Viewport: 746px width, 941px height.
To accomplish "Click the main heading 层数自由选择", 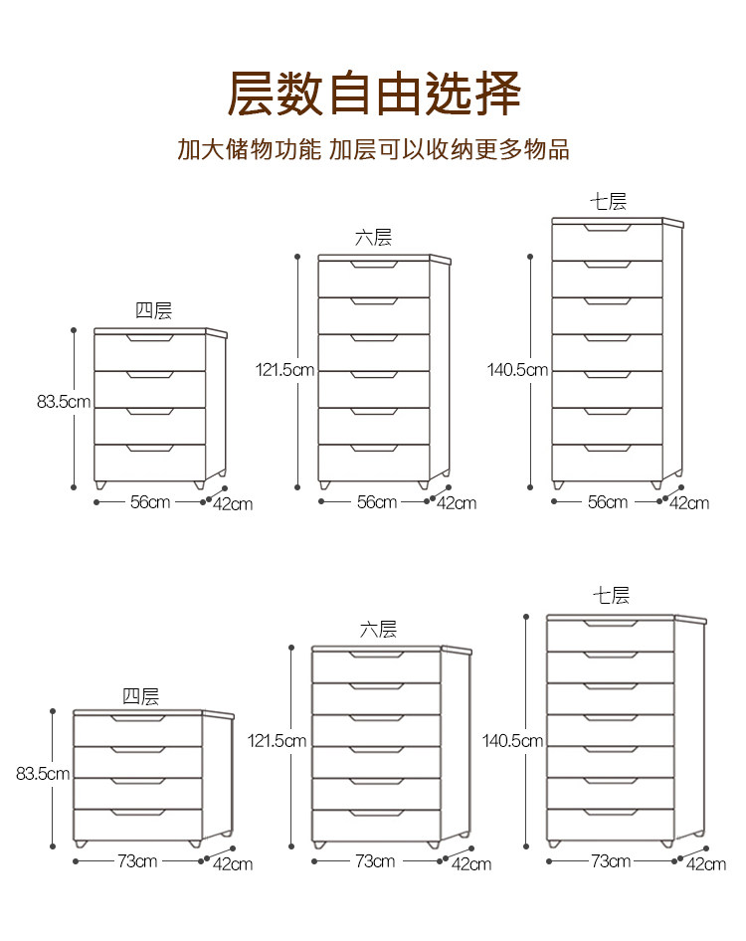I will pyautogui.click(x=374, y=94).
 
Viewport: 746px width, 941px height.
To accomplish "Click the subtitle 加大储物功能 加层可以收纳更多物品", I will pyautogui.click(x=373, y=150).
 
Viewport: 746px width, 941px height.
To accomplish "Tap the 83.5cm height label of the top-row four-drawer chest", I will pyautogui.click(x=64, y=402).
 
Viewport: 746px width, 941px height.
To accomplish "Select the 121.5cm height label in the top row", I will pyautogui.click(x=284, y=370).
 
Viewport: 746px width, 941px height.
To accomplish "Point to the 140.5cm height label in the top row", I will pyautogui.click(x=517, y=370).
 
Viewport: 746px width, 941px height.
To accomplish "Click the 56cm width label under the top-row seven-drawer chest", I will pyautogui.click(x=607, y=502).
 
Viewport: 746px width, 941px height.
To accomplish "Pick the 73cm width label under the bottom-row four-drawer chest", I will pyautogui.click(x=137, y=860).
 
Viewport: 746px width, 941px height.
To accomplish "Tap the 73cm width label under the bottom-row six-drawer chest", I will pyautogui.click(x=375, y=860).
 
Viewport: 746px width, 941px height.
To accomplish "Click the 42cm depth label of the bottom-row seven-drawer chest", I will pyautogui.click(x=706, y=863).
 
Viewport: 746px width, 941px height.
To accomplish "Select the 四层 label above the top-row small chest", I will pyautogui.click(x=153, y=311).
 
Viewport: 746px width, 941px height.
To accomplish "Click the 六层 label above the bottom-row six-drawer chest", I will pyautogui.click(x=378, y=630).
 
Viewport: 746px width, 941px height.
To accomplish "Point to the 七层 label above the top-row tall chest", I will pyautogui.click(x=608, y=202).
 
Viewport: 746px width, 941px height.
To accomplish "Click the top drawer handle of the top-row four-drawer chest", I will pyautogui.click(x=149, y=338).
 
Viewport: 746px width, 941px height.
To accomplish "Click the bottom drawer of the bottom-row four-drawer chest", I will pyautogui.click(x=137, y=824).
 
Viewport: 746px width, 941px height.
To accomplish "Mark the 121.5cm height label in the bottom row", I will pyautogui.click(x=277, y=741).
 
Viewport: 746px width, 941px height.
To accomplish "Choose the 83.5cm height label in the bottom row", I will pyautogui.click(x=43, y=774).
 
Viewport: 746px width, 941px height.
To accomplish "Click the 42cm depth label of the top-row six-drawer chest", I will pyautogui.click(x=457, y=503).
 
